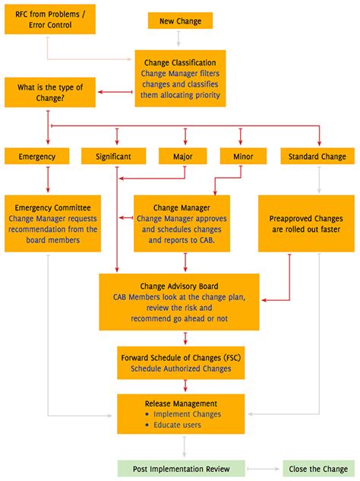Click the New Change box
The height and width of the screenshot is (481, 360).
(180, 21)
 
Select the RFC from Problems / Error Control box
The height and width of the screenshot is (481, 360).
(50, 19)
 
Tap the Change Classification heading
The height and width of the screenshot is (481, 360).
(180, 62)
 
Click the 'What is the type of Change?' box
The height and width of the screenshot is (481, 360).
(50, 93)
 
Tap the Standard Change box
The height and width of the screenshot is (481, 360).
(317, 157)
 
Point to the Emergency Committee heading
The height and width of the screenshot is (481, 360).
(52, 207)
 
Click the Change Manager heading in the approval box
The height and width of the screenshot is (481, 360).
(181, 207)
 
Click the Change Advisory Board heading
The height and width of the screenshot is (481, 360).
(179, 286)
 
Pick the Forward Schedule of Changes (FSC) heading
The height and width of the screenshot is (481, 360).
(181, 357)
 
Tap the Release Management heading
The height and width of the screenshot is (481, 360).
(181, 403)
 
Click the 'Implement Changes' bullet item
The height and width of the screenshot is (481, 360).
(187, 414)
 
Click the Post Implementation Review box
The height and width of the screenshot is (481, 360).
(182, 468)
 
